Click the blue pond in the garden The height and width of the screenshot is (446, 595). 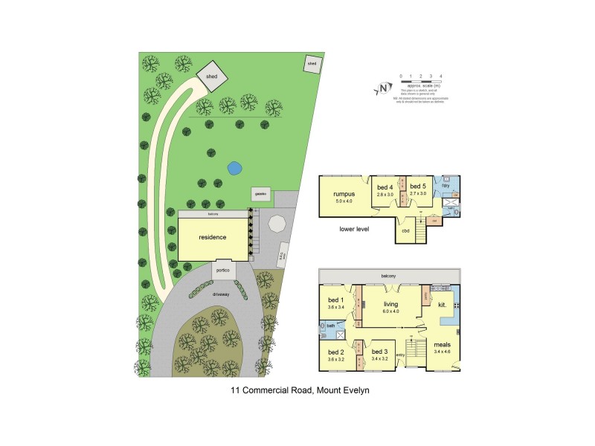click(234, 169)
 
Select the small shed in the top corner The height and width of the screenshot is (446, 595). click(312, 65)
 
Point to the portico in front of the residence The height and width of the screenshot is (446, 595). click(224, 270)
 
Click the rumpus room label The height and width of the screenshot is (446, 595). click(344, 193)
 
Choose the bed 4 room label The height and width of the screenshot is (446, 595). click(385, 187)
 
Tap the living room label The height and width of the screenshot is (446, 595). click(391, 304)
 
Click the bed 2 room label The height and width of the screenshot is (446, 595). click(335, 352)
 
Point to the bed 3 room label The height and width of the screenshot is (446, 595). click(379, 352)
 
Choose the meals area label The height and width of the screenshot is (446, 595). click(442, 345)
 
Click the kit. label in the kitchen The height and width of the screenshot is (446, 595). click(442, 305)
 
